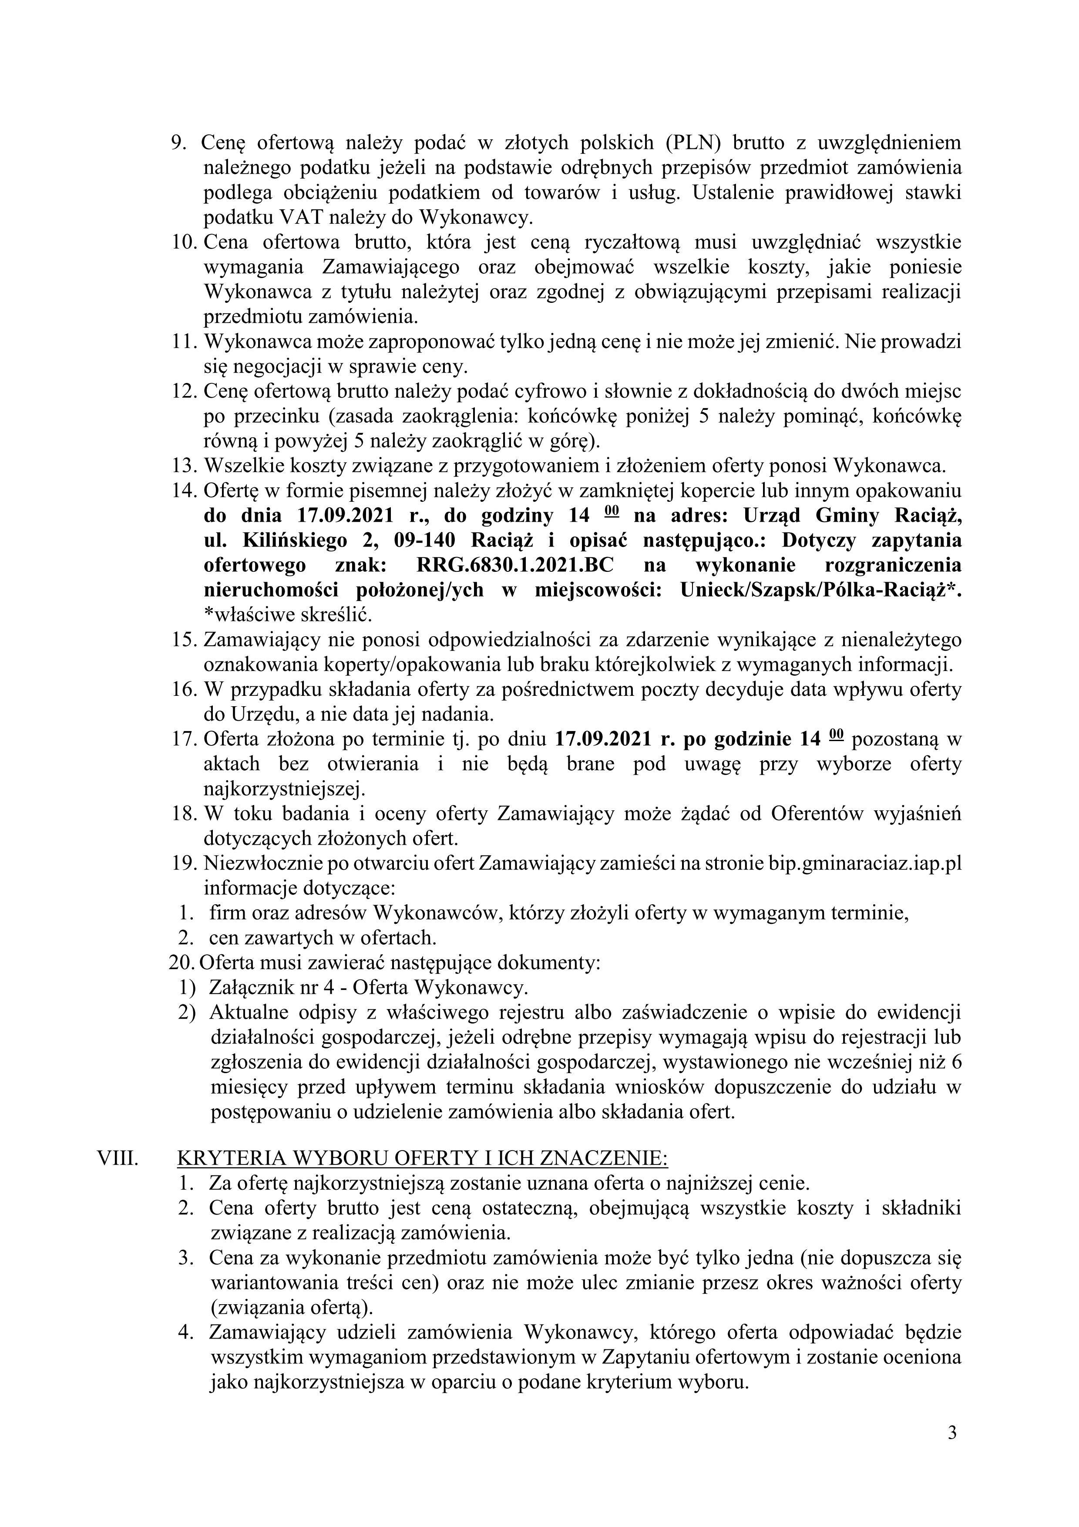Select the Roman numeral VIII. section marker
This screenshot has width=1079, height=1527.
pyautogui.click(x=118, y=1158)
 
